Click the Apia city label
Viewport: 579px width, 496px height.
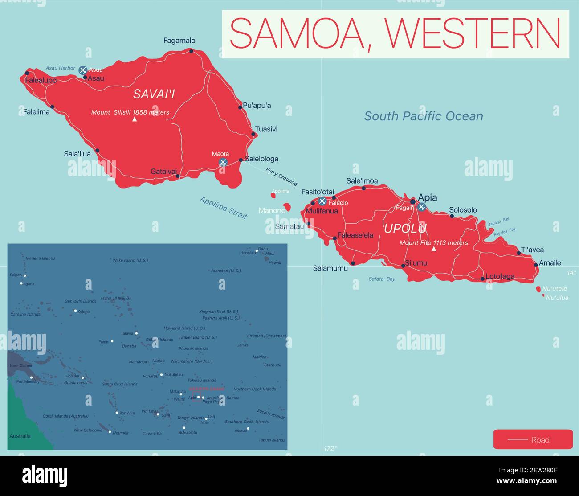point(427,197)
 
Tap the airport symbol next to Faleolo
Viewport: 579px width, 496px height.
point(322,201)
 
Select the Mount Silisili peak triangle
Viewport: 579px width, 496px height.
point(135,119)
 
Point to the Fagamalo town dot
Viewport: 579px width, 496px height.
point(191,51)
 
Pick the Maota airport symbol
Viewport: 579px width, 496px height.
point(223,162)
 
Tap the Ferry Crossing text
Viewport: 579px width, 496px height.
point(281,176)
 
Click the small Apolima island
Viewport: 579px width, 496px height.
point(273,195)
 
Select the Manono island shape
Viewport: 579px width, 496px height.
point(287,207)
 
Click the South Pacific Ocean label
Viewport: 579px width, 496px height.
point(423,116)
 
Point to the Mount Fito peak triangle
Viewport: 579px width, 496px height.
point(434,249)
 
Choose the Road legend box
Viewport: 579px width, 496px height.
point(533,439)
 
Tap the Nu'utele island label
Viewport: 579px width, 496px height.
point(555,289)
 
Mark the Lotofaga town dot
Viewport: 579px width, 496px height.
point(482,279)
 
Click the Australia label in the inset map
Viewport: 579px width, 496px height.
point(20,436)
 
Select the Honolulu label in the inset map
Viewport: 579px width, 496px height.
point(248,253)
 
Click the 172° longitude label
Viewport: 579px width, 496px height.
point(330,448)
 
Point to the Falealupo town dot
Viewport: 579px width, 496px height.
point(27,74)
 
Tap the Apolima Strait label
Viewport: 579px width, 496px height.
point(223,208)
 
